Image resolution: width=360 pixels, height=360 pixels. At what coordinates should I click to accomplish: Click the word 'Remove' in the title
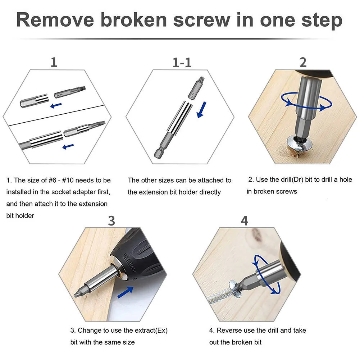coord(55,20)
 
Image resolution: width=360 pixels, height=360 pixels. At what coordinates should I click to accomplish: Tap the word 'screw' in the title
coord(202,20)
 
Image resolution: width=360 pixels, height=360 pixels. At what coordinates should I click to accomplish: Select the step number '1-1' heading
coord(182,63)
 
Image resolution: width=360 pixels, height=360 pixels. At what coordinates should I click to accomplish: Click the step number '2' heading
coord(303,63)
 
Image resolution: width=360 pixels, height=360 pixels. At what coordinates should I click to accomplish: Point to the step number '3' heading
coord(111,221)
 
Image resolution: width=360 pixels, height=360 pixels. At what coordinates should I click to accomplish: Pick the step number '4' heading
coord(244,220)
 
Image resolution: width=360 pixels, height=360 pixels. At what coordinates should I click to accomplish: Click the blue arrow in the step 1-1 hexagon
coord(202,110)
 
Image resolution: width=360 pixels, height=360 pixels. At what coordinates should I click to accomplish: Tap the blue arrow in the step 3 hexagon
coord(126,292)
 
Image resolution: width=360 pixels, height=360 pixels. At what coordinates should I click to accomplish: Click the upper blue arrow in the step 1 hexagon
coord(56,105)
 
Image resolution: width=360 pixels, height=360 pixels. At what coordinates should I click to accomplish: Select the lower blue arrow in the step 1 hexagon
coord(68,146)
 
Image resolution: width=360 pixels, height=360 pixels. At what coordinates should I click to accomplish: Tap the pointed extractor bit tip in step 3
coord(75,296)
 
